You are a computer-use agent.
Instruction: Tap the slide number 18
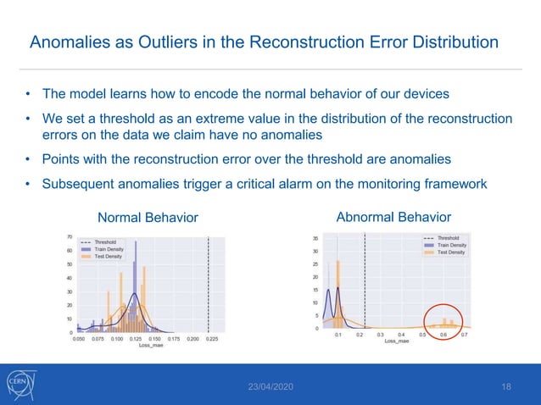point(506,387)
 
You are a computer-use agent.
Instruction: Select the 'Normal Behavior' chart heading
point(148,218)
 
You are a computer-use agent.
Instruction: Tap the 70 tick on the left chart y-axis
point(69,237)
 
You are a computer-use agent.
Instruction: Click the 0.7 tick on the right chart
point(464,335)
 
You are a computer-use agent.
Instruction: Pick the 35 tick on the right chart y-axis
point(315,238)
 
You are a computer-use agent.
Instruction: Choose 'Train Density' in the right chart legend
point(451,245)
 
